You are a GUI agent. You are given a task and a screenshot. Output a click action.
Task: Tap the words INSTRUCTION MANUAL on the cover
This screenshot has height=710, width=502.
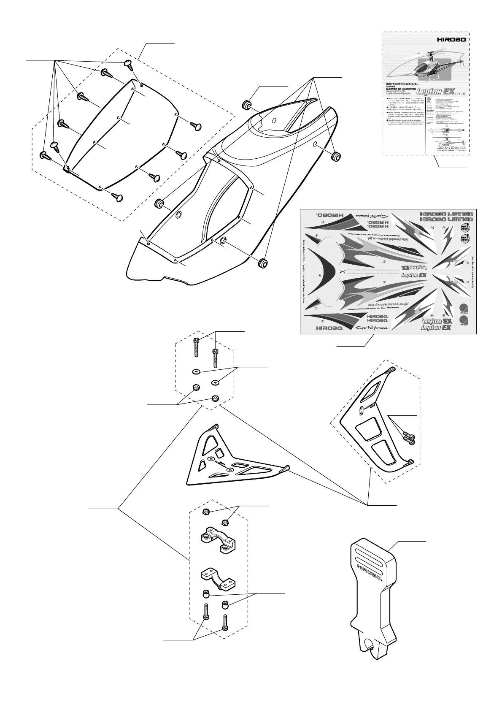[402, 84]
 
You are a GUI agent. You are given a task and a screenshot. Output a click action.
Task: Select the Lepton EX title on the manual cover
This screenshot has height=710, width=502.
[440, 90]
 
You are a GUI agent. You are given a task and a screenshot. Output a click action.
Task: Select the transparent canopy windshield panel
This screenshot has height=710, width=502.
[122, 135]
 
